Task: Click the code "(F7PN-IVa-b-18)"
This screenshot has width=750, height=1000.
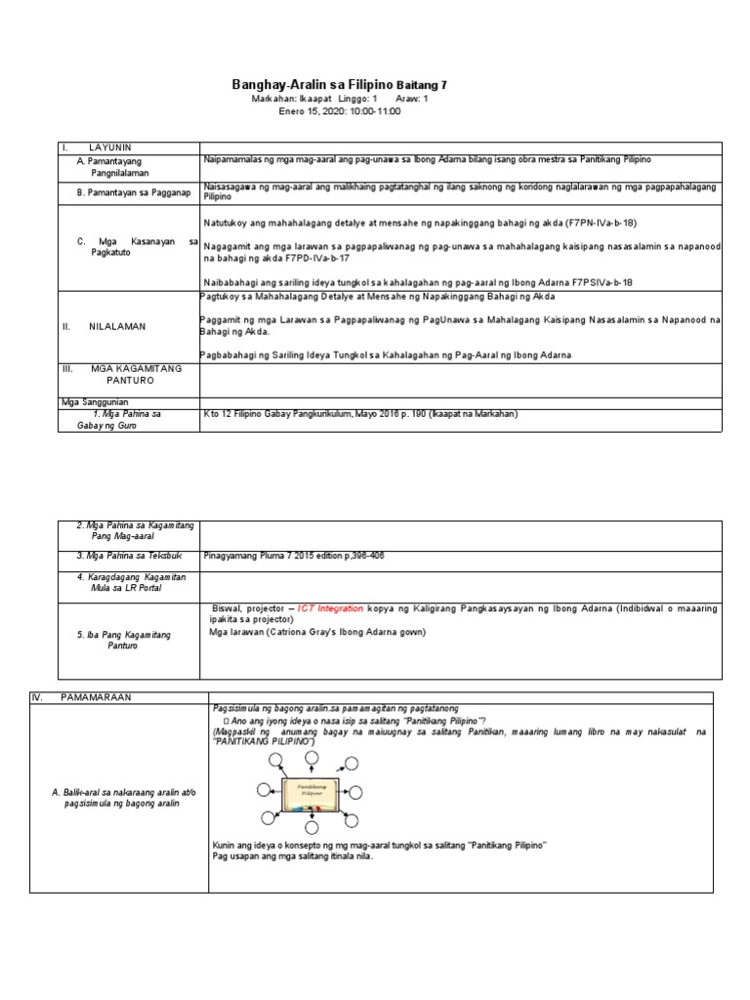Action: click(600, 223)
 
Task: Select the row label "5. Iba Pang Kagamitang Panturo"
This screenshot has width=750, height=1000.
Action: click(123, 641)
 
